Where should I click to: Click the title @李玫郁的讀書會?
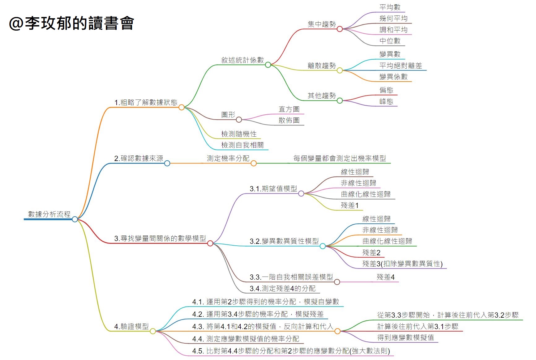[x=71, y=23]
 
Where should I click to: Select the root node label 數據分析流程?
[x=49, y=214]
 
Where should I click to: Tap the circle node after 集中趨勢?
[x=340, y=29]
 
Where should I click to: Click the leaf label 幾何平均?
[x=393, y=18]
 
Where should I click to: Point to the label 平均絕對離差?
[x=401, y=66]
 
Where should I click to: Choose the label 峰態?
[x=386, y=101]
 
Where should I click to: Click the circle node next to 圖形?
[x=239, y=120]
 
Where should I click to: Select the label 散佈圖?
[x=289, y=120]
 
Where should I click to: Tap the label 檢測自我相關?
[x=242, y=145]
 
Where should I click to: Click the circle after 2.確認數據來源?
[x=167, y=163]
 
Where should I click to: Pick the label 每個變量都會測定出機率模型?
[x=340, y=158]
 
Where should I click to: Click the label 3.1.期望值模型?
[x=273, y=188]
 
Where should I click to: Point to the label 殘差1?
[x=349, y=205]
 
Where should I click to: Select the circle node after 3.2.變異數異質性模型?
[x=323, y=246]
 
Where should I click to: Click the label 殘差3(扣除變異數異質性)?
[x=402, y=264]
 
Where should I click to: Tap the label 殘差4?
[x=385, y=277]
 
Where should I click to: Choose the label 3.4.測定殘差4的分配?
[x=282, y=288]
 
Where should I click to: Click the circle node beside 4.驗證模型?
[x=153, y=331]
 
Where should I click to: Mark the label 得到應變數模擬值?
[x=405, y=337]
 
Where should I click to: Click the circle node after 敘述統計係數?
[x=268, y=65]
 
